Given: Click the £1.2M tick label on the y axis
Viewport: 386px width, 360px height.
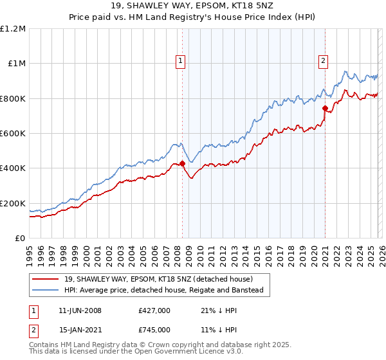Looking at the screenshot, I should point(13,29).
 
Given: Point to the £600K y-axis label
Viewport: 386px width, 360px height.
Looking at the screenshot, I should point(13,134).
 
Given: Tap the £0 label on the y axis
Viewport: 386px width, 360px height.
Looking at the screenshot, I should point(20,239).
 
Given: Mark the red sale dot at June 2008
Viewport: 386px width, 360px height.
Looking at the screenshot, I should point(182,163).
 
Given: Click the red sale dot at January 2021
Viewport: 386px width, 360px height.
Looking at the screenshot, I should point(325,108).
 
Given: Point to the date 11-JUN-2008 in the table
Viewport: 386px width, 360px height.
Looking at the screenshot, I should point(80,310).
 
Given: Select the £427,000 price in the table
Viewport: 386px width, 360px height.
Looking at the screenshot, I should point(154,310).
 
